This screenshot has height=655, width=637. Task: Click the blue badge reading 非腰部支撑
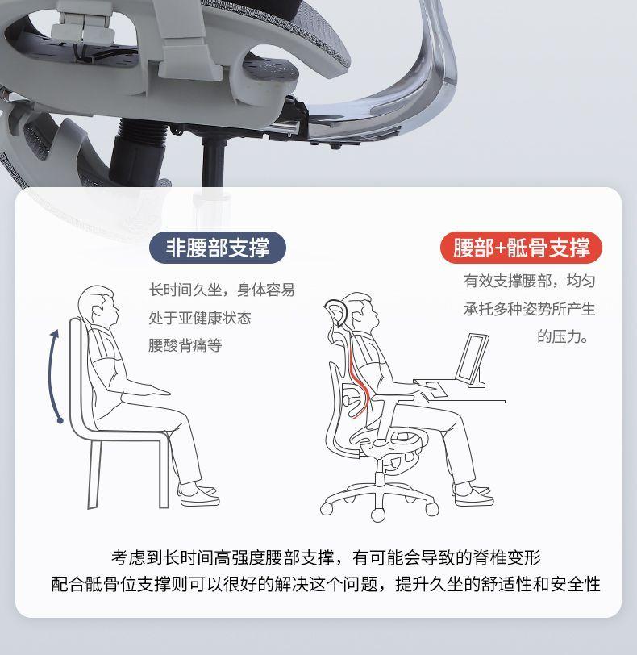tap(218, 248)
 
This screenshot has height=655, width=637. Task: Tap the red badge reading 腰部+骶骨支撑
tap(521, 248)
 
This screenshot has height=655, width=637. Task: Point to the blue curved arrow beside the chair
tap(52, 376)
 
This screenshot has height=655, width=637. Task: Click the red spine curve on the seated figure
tap(359, 378)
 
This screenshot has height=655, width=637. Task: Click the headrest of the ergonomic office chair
tap(336, 314)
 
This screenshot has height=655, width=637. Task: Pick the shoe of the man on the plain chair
tap(198, 496)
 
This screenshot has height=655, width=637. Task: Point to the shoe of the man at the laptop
tap(473, 495)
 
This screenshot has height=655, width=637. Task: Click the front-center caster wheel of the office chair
tap(378, 515)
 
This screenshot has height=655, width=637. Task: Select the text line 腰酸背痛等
tap(185, 345)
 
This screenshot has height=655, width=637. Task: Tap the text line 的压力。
tap(562, 336)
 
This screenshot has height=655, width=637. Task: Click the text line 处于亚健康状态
tap(200, 318)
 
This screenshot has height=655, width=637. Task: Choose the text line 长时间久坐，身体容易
tap(222, 290)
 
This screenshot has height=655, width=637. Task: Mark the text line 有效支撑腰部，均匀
tap(529, 281)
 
